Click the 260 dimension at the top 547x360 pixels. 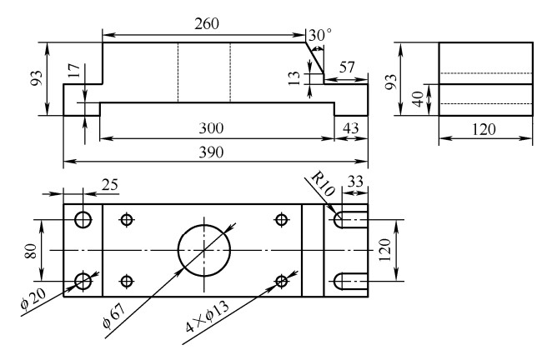pos(203,23)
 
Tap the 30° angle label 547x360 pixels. pos(319,37)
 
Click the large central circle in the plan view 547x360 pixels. pos(203,250)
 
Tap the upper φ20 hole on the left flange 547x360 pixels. pos(83,220)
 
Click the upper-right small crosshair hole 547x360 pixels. pos(281,220)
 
